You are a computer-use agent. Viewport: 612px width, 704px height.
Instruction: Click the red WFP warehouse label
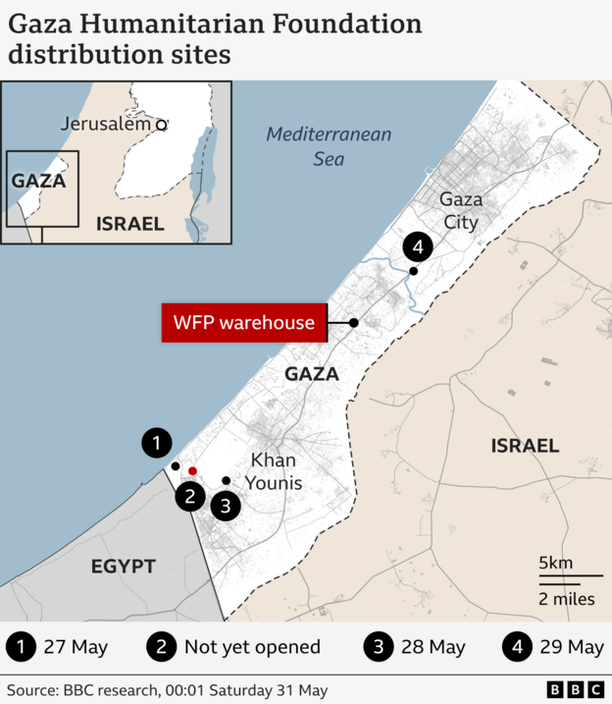(244, 323)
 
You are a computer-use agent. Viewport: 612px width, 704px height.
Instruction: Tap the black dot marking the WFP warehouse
(354, 323)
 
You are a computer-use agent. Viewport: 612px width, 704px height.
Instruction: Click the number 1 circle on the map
(156, 444)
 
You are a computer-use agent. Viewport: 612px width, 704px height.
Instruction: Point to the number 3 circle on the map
(226, 507)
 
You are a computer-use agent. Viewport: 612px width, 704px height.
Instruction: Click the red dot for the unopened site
(192, 472)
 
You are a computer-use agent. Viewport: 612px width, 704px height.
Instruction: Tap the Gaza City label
(461, 211)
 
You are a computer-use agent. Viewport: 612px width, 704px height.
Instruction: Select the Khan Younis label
(276, 471)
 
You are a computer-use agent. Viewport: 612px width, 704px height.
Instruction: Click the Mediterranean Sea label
(330, 145)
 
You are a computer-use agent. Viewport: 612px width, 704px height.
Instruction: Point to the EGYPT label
(124, 567)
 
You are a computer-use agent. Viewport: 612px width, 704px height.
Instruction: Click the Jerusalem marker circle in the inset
(162, 125)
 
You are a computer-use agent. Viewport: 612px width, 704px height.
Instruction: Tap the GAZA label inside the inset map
(38, 181)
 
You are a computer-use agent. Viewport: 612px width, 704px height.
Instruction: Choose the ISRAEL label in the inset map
(130, 223)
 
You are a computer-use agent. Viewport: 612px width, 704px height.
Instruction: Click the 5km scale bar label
(555, 563)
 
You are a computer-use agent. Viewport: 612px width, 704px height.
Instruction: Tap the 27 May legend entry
(75, 647)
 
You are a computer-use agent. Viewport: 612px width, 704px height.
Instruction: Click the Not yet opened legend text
(252, 647)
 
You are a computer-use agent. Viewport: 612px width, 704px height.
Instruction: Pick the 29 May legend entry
(571, 647)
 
